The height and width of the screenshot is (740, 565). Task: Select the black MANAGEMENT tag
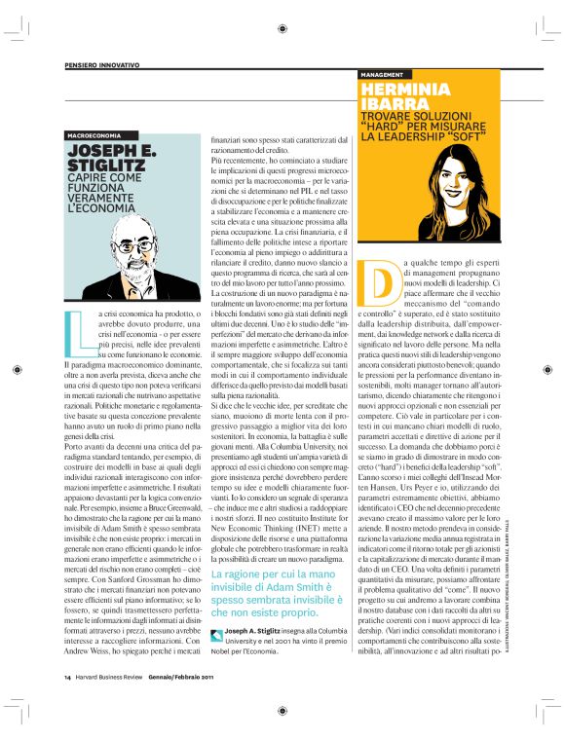(383, 74)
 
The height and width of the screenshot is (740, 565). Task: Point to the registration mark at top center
(282, 28)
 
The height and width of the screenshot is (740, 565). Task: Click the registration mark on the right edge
(549, 370)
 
